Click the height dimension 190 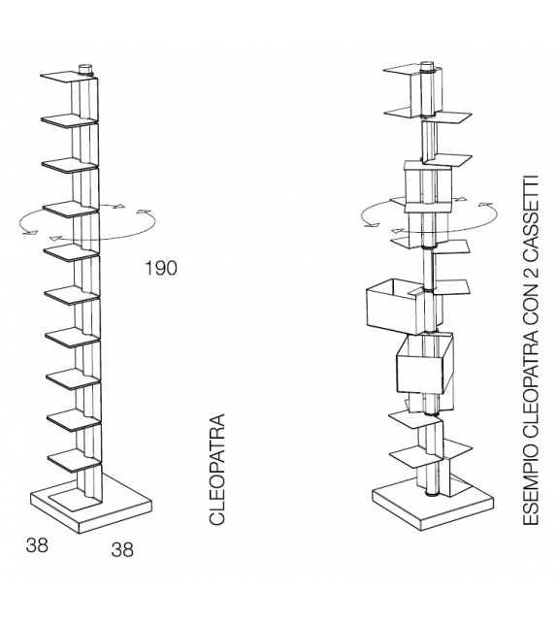pyautogui.click(x=161, y=268)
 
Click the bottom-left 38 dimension pyautogui.click(x=37, y=544)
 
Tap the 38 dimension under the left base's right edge pyautogui.click(x=122, y=550)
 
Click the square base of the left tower pyautogui.click(x=92, y=503)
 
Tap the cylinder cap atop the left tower pyautogui.click(x=86, y=69)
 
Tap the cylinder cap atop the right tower pyautogui.click(x=426, y=69)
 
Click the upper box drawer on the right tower pyautogui.click(x=391, y=304)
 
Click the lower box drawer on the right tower pyautogui.click(x=424, y=365)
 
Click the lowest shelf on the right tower pyautogui.click(x=408, y=454)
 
